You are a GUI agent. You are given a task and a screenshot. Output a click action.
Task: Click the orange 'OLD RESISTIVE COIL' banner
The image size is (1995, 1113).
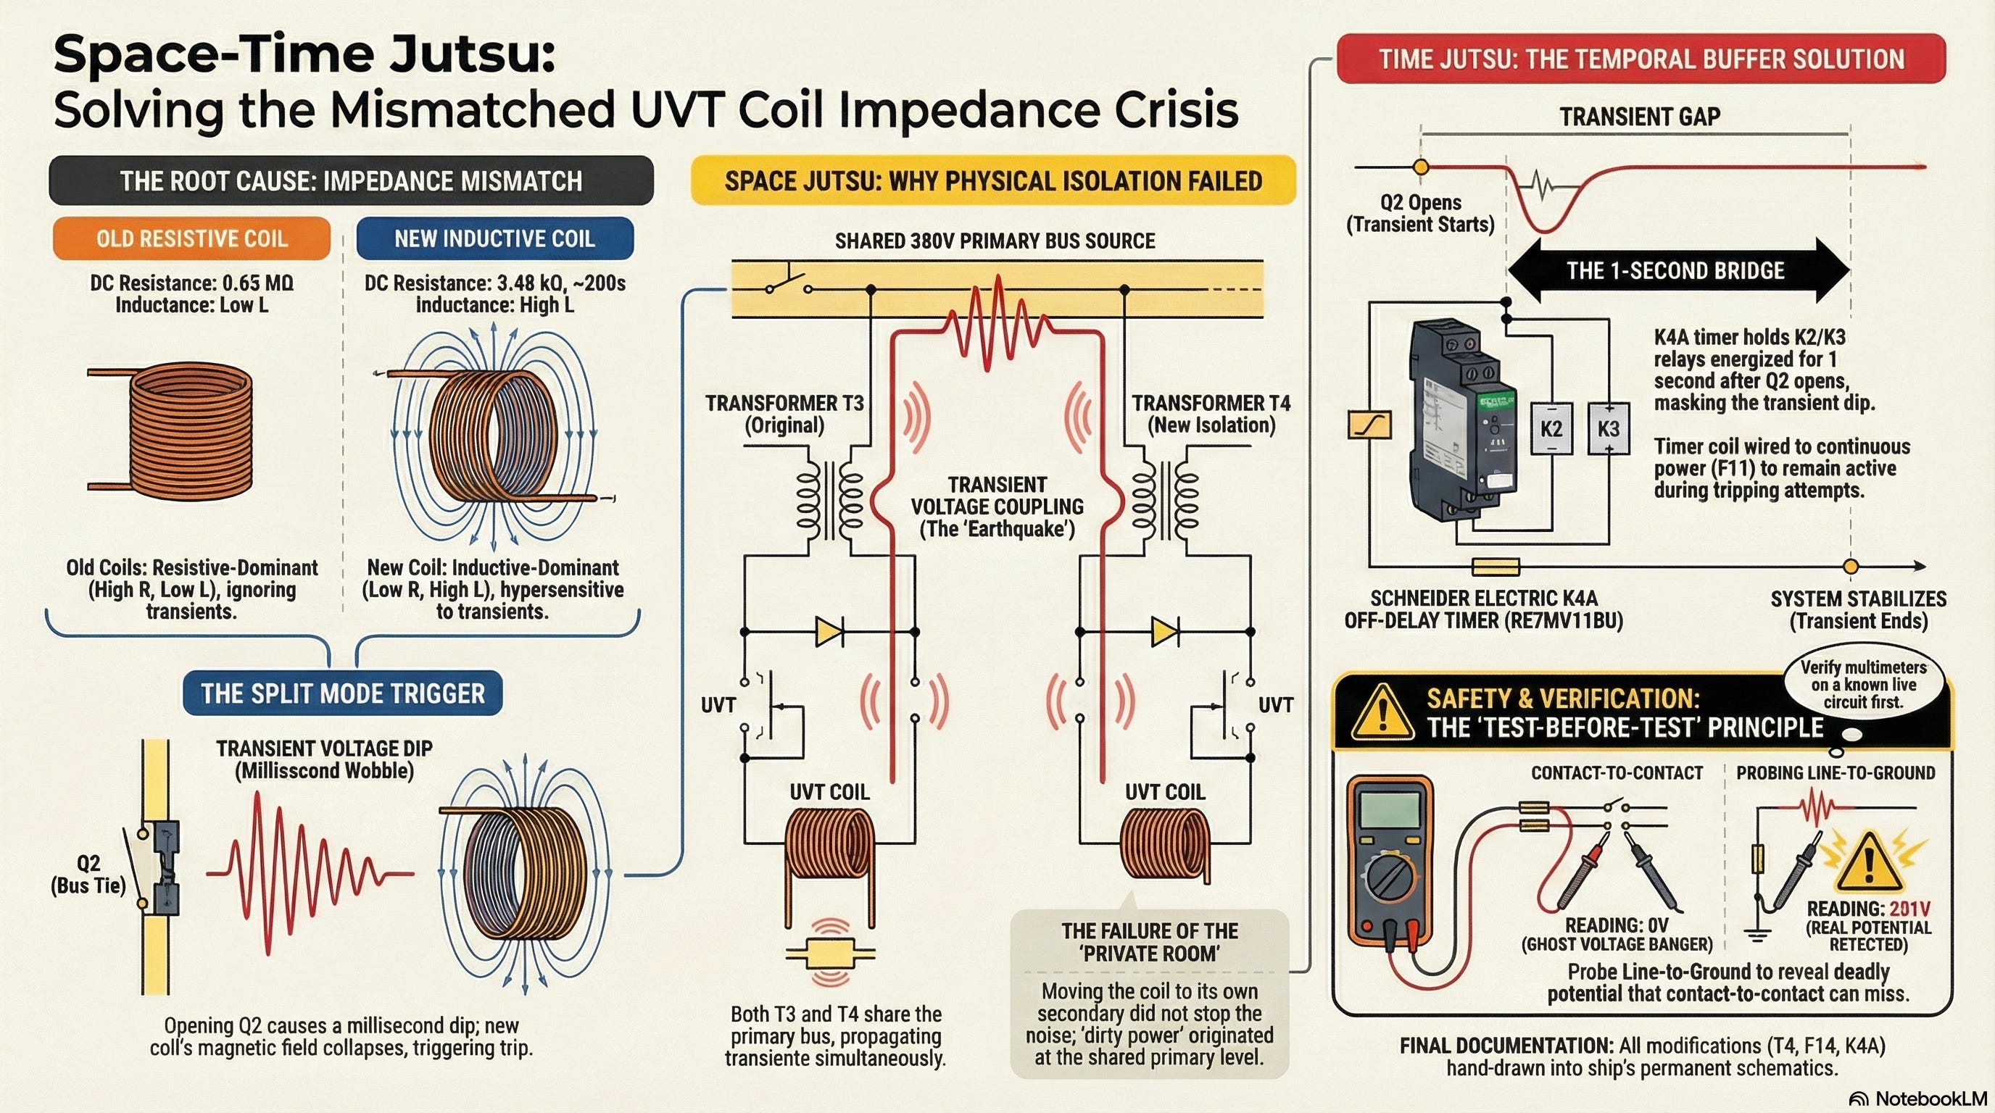191,238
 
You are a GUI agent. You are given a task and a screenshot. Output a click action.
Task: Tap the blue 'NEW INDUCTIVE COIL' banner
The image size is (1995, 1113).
495,238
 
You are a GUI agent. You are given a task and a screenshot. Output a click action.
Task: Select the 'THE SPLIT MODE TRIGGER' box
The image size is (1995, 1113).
342,693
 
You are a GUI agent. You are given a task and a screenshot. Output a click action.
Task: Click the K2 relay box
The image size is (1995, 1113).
1551,428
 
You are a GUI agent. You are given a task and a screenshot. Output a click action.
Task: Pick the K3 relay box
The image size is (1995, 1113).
1609,428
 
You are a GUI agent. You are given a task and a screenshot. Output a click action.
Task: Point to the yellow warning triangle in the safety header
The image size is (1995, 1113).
1382,712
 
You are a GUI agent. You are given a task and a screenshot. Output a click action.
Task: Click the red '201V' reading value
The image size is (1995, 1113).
1909,909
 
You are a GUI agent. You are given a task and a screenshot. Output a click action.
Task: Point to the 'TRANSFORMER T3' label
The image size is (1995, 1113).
784,404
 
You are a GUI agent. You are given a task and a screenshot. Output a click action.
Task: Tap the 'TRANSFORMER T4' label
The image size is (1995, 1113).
1211,404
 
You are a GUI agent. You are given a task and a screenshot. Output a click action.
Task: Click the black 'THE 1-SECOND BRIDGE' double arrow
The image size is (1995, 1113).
1678,270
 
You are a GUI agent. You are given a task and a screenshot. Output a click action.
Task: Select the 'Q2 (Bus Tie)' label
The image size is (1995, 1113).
88,875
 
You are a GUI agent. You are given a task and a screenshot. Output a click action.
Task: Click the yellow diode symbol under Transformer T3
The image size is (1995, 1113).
829,632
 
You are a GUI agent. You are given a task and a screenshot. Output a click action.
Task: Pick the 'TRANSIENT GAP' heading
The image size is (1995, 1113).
1640,116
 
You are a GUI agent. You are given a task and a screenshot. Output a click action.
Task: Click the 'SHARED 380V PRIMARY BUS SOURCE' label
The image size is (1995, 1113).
995,241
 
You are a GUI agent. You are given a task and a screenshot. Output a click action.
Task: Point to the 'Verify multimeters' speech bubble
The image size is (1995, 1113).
1862,684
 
